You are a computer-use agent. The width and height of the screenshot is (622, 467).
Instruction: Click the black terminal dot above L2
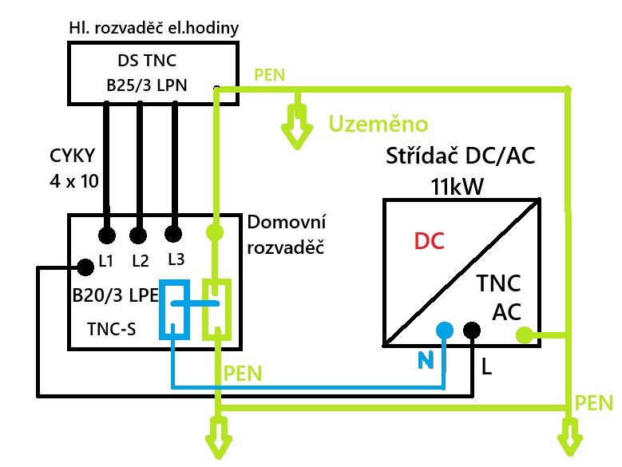pyautogui.click(x=139, y=235)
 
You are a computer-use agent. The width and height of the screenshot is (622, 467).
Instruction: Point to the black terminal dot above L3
pyautogui.click(x=172, y=235)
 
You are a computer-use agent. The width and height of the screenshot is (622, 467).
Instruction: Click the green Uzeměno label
pyautogui.click(x=379, y=124)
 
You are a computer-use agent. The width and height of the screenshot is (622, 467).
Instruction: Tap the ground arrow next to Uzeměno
pyautogui.click(x=298, y=132)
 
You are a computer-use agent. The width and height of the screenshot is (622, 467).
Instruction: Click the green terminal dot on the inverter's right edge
pyautogui.click(x=524, y=335)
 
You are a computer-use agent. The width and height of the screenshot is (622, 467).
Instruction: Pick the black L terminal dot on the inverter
pyautogui.click(x=471, y=330)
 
